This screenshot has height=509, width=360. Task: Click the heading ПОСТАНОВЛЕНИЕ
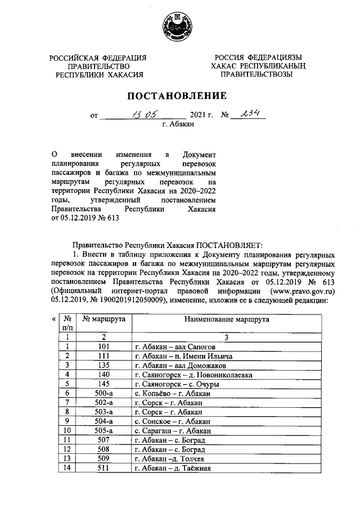click(180, 96)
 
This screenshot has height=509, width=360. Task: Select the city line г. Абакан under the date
click(178, 126)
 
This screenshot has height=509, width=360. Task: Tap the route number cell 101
click(103, 346)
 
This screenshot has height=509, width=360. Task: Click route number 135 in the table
click(103, 365)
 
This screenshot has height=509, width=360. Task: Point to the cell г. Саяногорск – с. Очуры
click(177, 384)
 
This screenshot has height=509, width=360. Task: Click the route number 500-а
click(103, 393)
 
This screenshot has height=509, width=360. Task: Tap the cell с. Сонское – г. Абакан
click(173, 420)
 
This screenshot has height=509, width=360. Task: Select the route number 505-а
click(103, 430)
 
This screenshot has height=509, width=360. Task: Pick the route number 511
click(103, 467)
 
